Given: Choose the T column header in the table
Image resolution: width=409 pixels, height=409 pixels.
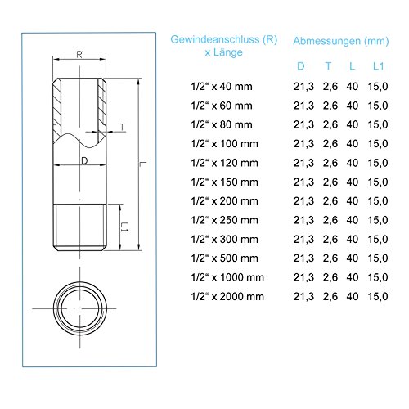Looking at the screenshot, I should (x=328, y=65).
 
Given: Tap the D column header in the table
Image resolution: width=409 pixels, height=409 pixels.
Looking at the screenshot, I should (x=301, y=65).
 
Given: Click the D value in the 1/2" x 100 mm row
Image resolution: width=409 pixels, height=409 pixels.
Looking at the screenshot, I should (x=301, y=143).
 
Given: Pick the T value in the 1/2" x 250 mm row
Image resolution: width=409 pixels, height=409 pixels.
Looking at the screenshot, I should (x=328, y=219).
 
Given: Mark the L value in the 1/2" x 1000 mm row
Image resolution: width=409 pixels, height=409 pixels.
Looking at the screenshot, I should (x=353, y=276).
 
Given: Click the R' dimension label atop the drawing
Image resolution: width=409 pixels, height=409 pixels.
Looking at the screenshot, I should (x=80, y=55).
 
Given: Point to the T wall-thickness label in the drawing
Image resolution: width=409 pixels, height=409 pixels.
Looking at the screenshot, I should (x=121, y=127).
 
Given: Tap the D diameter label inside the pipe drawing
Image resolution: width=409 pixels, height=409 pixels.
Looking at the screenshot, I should (x=83, y=160).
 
